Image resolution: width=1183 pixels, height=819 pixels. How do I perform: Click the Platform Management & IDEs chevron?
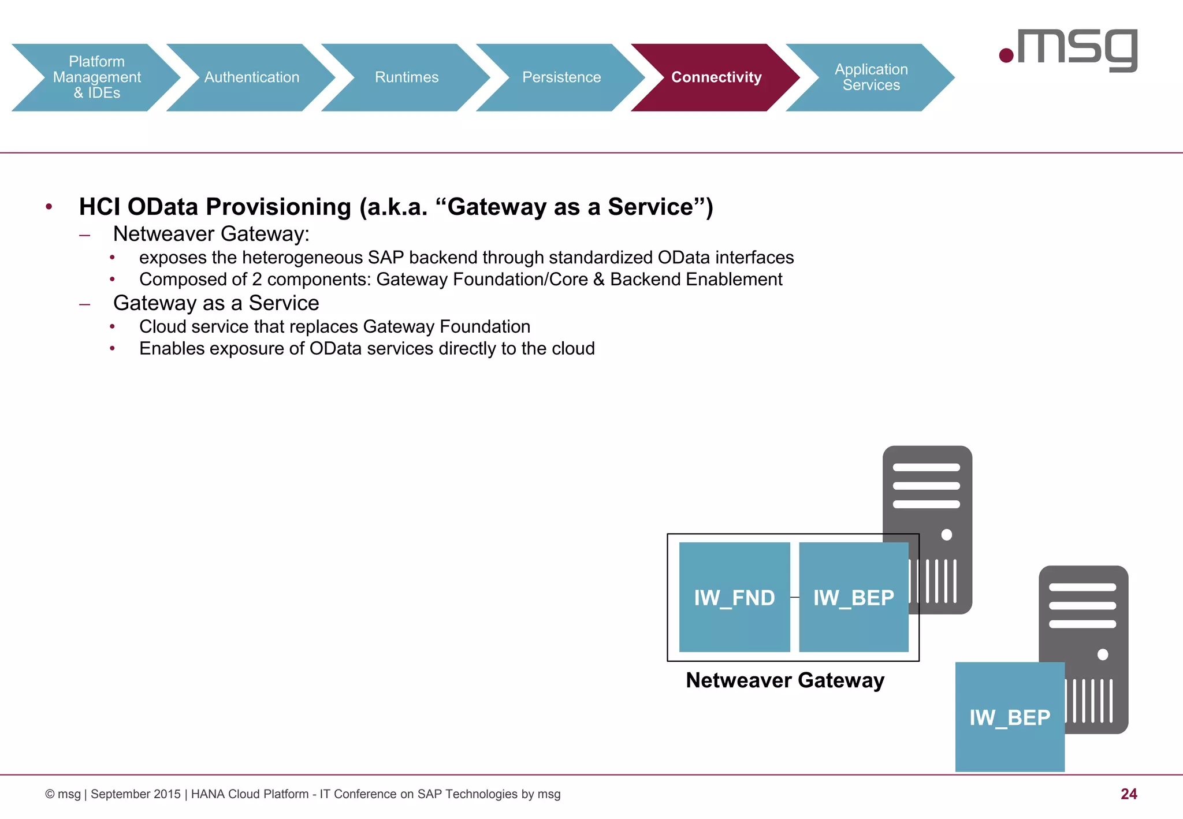(x=96, y=77)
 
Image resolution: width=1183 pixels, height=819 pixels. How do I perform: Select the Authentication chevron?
(x=251, y=77)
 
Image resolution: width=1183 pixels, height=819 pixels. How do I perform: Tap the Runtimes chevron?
(x=406, y=77)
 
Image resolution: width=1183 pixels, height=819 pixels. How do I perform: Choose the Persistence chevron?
(x=561, y=77)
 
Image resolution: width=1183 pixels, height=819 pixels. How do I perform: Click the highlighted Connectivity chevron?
(x=716, y=77)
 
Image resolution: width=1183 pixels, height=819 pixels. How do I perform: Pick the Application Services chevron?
(x=870, y=77)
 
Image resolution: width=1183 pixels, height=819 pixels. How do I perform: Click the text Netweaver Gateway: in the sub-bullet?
(x=211, y=234)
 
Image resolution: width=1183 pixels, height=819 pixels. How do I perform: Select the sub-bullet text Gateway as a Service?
(x=216, y=303)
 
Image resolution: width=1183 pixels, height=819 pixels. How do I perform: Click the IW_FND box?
(x=734, y=597)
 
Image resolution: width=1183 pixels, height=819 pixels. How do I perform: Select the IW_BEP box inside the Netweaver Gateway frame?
(x=853, y=597)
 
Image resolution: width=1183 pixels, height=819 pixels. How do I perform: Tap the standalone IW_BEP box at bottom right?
(x=1009, y=717)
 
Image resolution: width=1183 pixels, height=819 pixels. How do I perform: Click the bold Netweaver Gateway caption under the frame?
(x=784, y=680)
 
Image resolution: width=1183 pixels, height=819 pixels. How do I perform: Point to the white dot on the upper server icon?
(x=946, y=535)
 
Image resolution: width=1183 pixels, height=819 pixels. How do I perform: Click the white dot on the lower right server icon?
(x=1102, y=654)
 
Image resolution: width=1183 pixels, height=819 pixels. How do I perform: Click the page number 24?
(x=1128, y=794)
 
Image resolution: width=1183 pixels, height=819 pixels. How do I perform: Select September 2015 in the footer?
(x=136, y=794)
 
